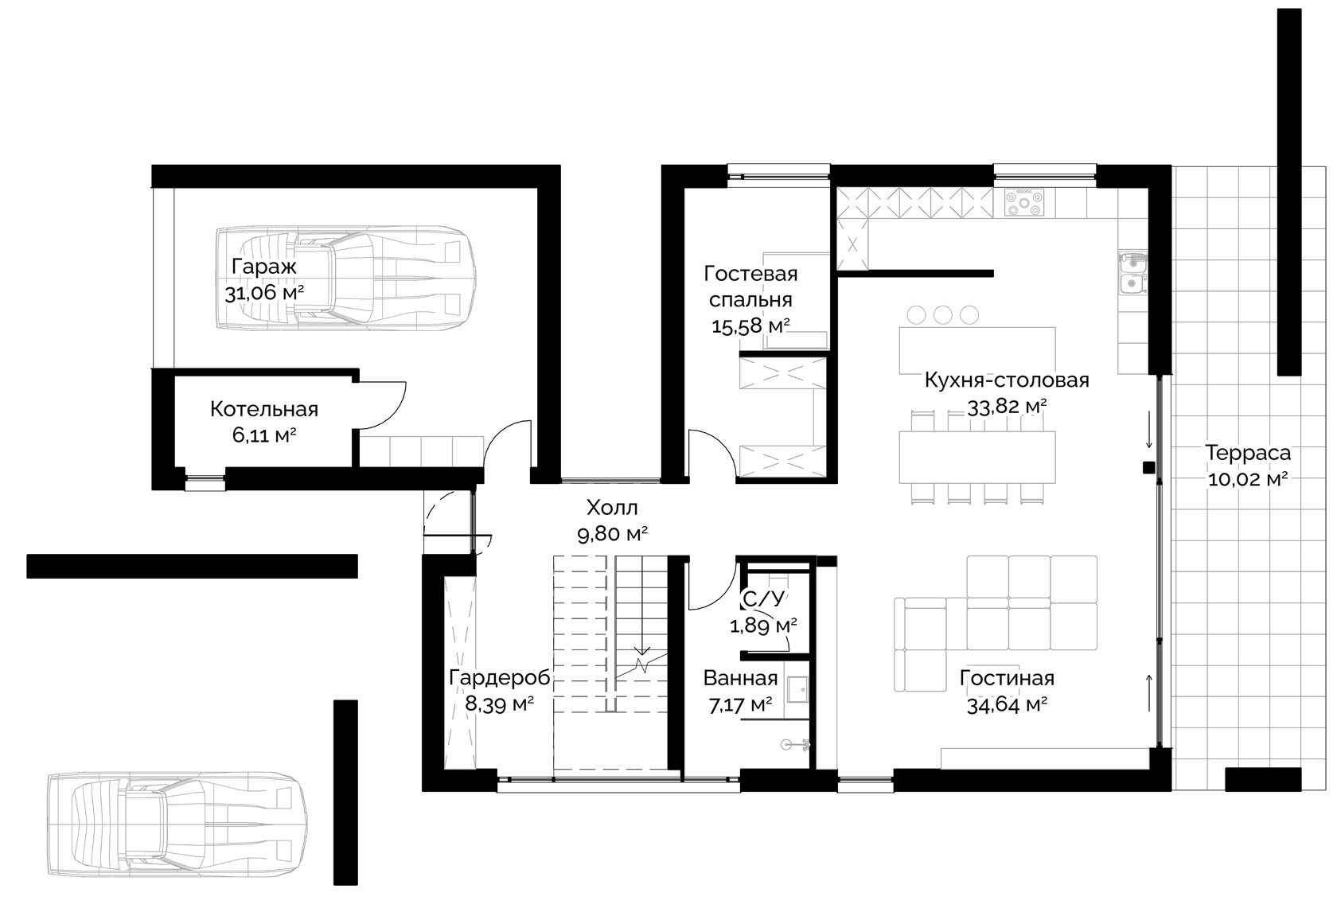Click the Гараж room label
click(264, 267)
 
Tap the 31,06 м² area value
click(264, 293)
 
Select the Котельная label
click(264, 410)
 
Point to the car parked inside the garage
click(345, 278)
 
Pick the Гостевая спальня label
click(751, 287)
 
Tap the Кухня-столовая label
click(1007, 380)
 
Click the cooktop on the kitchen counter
click(1023, 202)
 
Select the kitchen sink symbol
click(1131, 283)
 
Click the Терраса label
click(1248, 453)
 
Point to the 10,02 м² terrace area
click(1248, 479)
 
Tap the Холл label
click(613, 508)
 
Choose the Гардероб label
click(500, 678)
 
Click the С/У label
click(762, 598)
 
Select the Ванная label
click(740, 679)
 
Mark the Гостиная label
click(1007, 679)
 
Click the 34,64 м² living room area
click(1007, 706)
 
